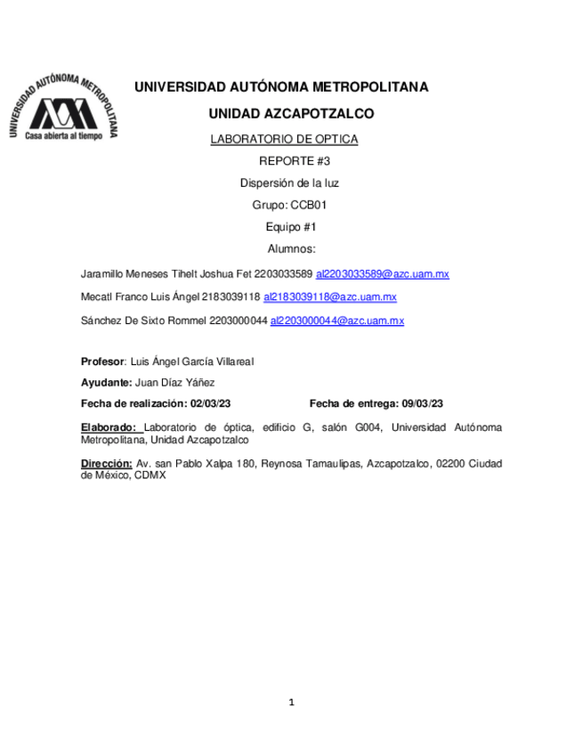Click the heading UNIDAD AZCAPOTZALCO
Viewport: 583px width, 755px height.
(291, 114)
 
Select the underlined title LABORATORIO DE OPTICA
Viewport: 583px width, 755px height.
(283, 140)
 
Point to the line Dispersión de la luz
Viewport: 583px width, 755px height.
(289, 183)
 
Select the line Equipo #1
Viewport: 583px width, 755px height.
(291, 227)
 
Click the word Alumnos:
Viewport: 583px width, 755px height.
(291, 249)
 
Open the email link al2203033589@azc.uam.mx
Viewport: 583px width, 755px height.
(383, 274)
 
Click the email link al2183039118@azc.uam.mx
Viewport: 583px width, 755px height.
(330, 297)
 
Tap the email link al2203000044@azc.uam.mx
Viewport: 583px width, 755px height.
(337, 321)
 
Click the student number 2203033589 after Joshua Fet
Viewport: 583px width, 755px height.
(283, 274)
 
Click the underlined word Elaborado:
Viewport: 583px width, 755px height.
(109, 427)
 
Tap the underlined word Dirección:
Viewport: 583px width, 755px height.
(106, 464)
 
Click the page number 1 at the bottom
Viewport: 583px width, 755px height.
(291, 703)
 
